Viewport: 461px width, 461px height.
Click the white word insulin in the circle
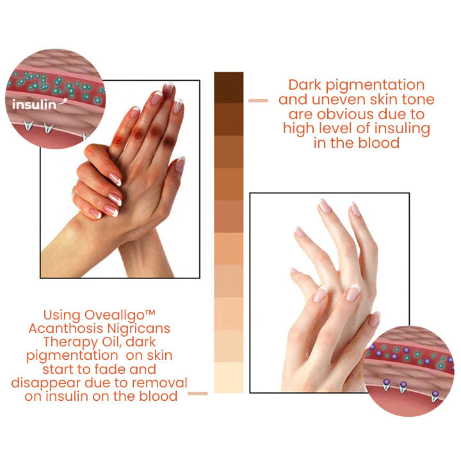point(34,104)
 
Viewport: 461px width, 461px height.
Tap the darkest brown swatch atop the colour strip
point(229,87)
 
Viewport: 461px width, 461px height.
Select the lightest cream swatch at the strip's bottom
point(229,378)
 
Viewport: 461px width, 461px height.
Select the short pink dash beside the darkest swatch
point(258,101)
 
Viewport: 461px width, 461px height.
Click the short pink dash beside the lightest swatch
point(198,393)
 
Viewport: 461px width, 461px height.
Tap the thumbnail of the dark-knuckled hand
point(120,179)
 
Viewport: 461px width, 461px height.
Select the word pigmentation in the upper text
point(375,86)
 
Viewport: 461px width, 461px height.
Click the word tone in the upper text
point(418,100)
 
